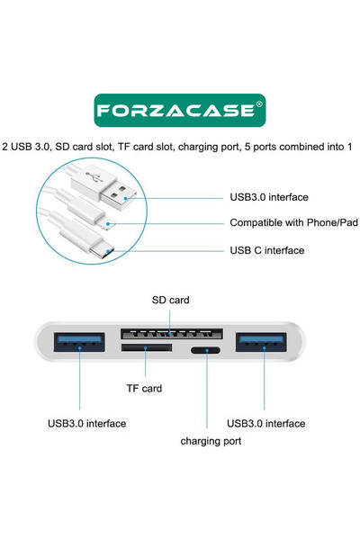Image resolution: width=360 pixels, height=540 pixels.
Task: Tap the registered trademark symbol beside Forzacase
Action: point(259,105)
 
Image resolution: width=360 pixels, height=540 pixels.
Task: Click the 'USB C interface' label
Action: point(267,250)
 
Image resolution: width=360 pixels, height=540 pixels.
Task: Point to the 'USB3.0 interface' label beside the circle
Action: point(269,197)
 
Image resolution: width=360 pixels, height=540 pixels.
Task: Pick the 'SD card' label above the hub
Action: point(170,299)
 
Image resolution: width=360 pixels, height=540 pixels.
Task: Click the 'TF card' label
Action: point(143,389)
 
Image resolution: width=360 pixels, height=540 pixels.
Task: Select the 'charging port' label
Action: point(211,441)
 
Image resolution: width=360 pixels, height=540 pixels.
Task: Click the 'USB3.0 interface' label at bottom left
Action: point(86,423)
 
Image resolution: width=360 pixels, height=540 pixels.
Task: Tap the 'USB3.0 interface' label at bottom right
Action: point(265,423)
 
